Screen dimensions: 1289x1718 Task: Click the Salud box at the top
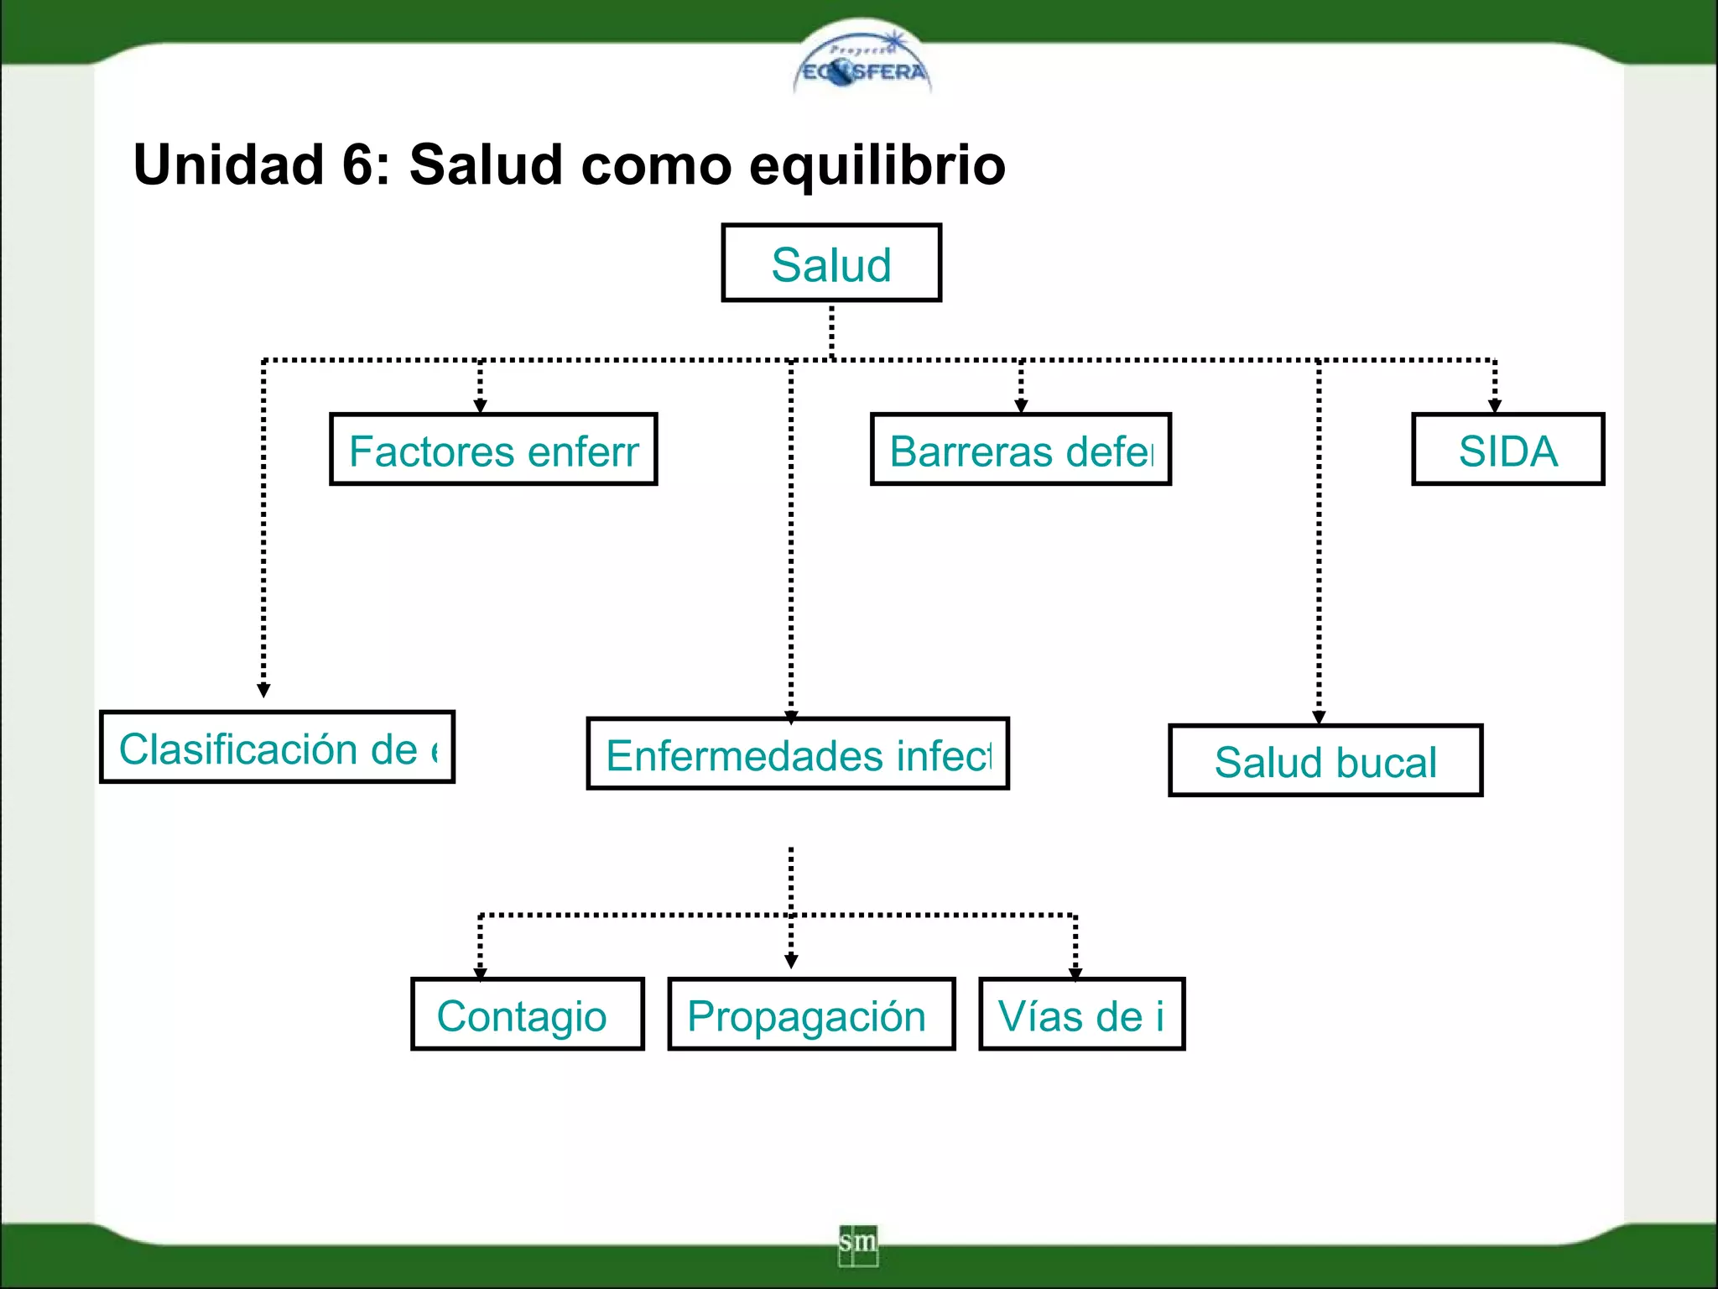tap(831, 264)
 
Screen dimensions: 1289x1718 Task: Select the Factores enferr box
tap(493, 450)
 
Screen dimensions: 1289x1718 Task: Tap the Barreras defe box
tap(1021, 450)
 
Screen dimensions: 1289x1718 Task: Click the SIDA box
tap(1507, 450)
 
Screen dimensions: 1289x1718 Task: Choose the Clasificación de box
tap(277, 748)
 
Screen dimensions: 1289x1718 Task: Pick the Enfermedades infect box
tap(798, 754)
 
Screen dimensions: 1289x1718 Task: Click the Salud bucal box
tap(1325, 761)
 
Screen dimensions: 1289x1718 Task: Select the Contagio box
tap(528, 1015)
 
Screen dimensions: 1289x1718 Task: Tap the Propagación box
tap(811, 1015)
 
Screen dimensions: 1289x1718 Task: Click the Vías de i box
tap(1081, 1015)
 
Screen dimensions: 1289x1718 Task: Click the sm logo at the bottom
tap(857, 1244)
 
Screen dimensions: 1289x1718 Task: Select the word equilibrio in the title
tap(877, 164)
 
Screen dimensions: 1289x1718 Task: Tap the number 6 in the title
tap(359, 164)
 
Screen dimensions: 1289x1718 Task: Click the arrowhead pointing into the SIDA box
tap(1494, 406)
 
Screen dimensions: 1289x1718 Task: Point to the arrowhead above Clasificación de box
tap(263, 691)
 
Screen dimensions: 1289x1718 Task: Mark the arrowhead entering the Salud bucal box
tap(1319, 718)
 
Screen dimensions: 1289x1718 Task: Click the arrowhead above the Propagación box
tap(791, 962)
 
